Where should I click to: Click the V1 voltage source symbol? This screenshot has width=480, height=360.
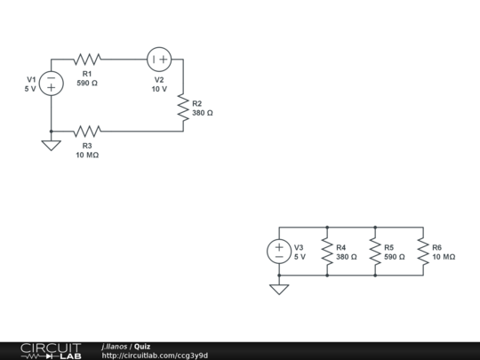point(52,83)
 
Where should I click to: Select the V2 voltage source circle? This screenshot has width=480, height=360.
point(159,60)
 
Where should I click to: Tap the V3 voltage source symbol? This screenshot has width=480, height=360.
point(279,251)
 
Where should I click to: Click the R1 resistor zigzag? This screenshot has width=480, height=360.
point(87,60)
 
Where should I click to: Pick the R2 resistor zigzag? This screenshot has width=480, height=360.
point(183,108)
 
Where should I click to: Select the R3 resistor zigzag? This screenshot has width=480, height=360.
point(87,131)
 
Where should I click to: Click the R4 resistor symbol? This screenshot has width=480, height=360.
point(327,251)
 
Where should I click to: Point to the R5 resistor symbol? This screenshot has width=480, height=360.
point(375,251)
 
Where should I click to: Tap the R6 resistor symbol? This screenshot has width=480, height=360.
point(423,251)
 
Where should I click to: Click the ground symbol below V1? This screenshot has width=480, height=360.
point(52,144)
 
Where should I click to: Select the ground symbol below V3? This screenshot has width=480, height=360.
point(279,288)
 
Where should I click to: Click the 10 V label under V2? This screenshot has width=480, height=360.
point(159,89)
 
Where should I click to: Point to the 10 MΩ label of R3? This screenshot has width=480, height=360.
point(87,155)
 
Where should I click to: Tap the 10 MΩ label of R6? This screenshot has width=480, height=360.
point(444,257)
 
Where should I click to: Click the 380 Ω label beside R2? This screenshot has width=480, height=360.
point(203,113)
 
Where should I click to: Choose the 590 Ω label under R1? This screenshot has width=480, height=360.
point(87,83)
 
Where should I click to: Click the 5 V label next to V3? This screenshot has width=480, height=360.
point(300,257)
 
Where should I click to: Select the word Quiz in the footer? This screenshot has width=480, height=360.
point(142,346)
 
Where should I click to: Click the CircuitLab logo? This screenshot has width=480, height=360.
point(50,350)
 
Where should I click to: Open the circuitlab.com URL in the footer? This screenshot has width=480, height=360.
point(155,356)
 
